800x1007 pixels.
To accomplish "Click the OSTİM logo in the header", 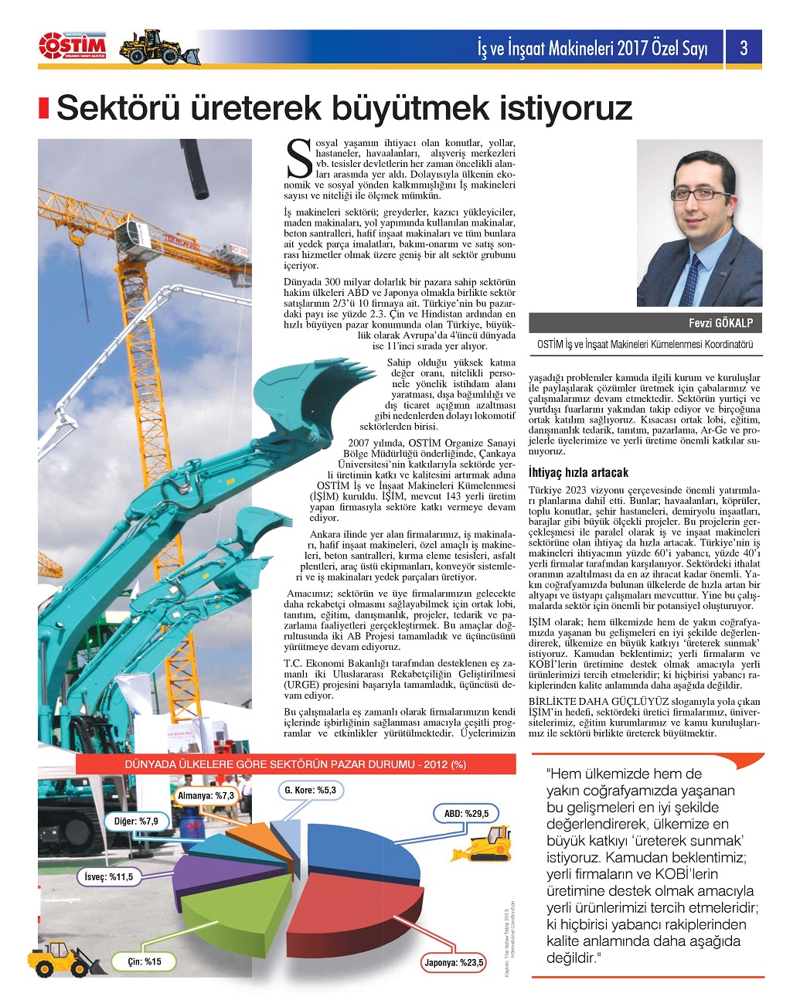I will [72, 46].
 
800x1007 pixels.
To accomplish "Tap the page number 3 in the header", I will [743, 48].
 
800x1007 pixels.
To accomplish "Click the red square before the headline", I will [45, 108].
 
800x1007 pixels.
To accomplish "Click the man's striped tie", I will [689, 278].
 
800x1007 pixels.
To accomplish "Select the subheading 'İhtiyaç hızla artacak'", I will [578, 472].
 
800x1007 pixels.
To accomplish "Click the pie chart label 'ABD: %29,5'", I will [466, 814].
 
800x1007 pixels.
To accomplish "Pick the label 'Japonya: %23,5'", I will [454, 962].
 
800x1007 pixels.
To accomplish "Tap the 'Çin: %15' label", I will [145, 961].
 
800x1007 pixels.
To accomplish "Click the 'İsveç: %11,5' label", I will [109, 876].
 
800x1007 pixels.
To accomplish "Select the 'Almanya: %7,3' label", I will [206, 796].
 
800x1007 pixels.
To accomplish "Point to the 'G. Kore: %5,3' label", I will [310, 791].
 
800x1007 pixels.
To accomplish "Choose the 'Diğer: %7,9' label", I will [136, 821].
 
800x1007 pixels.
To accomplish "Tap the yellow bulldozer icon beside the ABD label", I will [489, 843].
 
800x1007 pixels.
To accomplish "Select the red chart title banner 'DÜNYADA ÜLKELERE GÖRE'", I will [295, 764].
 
